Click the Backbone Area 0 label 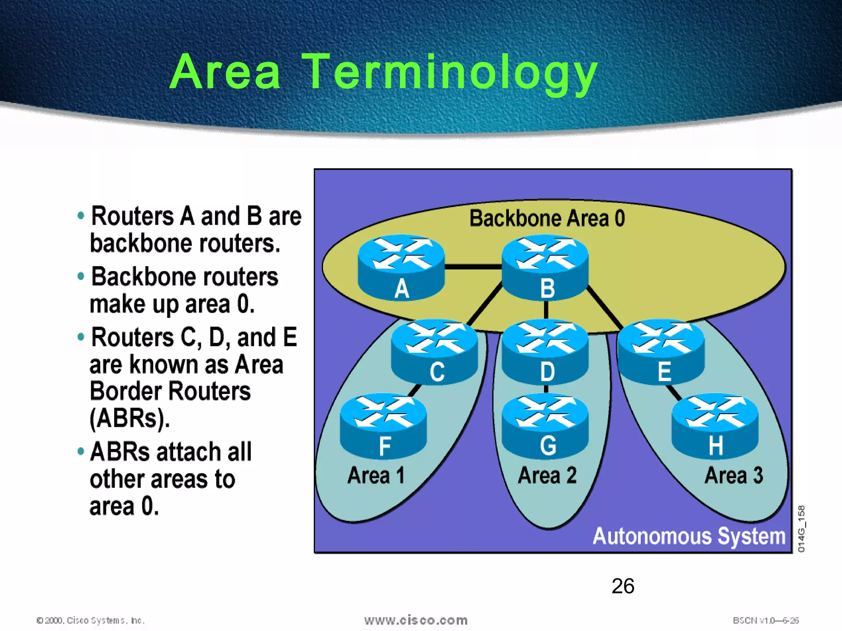pyautogui.click(x=547, y=218)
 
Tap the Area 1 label pyautogui.click(x=376, y=475)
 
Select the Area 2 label pyautogui.click(x=547, y=475)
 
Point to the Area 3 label pyautogui.click(x=734, y=475)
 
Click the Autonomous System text pyautogui.click(x=689, y=536)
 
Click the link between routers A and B pyautogui.click(x=473, y=267)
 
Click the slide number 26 pyautogui.click(x=622, y=586)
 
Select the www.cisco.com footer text pyautogui.click(x=416, y=620)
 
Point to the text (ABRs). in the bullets pyautogui.click(x=130, y=418)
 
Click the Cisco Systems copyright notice pyautogui.click(x=90, y=620)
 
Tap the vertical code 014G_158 pyautogui.click(x=801, y=529)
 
